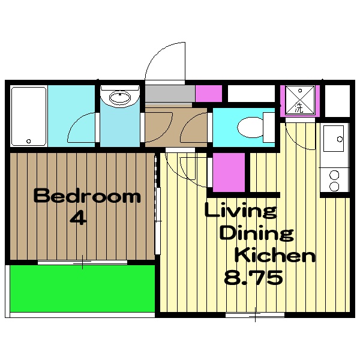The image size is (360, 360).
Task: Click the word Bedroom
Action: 87,196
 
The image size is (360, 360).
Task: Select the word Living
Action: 241,210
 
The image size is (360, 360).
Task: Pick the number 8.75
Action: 253,277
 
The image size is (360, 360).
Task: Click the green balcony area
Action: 82,289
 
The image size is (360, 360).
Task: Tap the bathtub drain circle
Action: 28,141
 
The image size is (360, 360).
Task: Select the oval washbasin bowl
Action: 120,98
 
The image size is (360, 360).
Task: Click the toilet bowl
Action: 250,127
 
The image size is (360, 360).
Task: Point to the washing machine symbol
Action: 300,100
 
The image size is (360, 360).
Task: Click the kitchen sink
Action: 334,139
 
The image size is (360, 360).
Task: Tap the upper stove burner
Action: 334,175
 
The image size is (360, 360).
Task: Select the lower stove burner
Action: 334,187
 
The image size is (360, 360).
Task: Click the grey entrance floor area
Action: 170,94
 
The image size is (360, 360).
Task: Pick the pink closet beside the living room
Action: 229,172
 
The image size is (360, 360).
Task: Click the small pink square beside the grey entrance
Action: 208,94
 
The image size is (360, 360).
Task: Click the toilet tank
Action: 269,127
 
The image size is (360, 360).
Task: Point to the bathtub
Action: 29,116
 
